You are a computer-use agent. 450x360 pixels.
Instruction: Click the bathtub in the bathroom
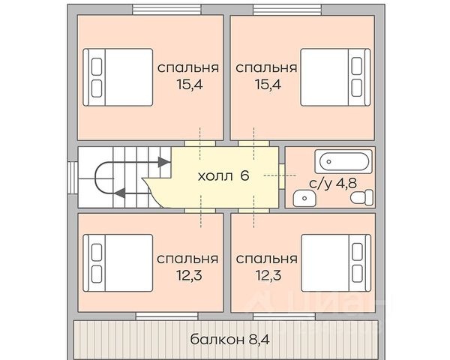coord(343,161)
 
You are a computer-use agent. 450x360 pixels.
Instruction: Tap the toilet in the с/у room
coord(362,197)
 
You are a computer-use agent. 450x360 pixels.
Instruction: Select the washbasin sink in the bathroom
coord(304,198)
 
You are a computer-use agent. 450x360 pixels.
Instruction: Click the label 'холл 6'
coord(223,175)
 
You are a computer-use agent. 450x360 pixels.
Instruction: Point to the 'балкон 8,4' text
coord(230,340)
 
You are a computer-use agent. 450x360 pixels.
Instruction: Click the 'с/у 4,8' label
coord(333,183)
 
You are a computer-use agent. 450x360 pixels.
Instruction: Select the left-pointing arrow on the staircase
coord(121,193)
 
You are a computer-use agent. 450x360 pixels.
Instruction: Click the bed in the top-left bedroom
coord(118,77)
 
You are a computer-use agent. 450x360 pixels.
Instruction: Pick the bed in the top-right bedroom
coord(335,77)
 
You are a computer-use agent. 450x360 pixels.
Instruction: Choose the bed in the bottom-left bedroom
coord(118,263)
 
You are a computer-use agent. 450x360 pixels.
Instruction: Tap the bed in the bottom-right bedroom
coord(336,263)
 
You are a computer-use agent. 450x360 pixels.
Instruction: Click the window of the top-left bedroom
coord(166,9)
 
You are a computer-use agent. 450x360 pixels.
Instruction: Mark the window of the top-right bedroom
coord(287,9)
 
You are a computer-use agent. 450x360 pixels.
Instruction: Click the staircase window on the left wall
coord(73,178)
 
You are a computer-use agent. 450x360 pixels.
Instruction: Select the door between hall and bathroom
coord(281,176)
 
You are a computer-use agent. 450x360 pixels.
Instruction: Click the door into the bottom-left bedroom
coord(199,211)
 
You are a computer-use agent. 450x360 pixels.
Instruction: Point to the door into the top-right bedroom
coord(253,143)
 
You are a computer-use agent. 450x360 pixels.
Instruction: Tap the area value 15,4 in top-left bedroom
coord(190,85)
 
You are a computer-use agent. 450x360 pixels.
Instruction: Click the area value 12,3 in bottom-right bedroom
coord(268,275)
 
